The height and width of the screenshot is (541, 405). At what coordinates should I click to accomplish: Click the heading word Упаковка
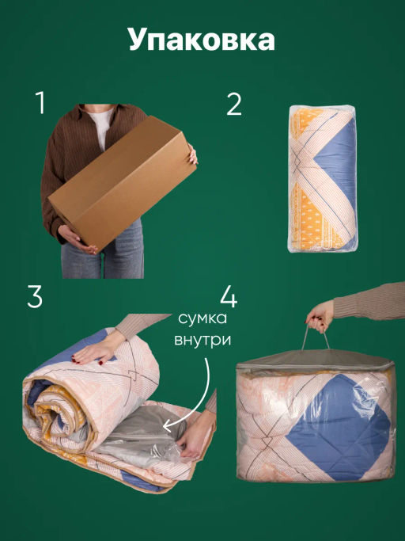[x=202, y=40]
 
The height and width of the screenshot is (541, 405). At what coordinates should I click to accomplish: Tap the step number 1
[x=40, y=102]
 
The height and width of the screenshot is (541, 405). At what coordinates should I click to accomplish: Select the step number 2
[x=234, y=105]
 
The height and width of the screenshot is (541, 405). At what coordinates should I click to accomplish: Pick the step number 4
[x=229, y=297]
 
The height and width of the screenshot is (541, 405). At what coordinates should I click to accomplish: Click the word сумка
[x=202, y=318]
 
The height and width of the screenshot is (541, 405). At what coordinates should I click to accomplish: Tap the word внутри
[x=202, y=340]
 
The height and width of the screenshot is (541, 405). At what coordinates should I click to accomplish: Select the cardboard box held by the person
[x=123, y=182]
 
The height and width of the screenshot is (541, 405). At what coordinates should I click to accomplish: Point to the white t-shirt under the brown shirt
[x=102, y=126]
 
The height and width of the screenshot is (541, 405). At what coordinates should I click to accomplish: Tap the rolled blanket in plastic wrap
[x=323, y=178]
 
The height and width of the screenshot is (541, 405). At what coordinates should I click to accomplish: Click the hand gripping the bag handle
[x=320, y=315]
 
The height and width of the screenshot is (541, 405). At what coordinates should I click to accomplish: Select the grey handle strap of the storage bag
[x=316, y=337]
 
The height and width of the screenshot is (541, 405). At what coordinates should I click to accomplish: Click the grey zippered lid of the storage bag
[x=315, y=361]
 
